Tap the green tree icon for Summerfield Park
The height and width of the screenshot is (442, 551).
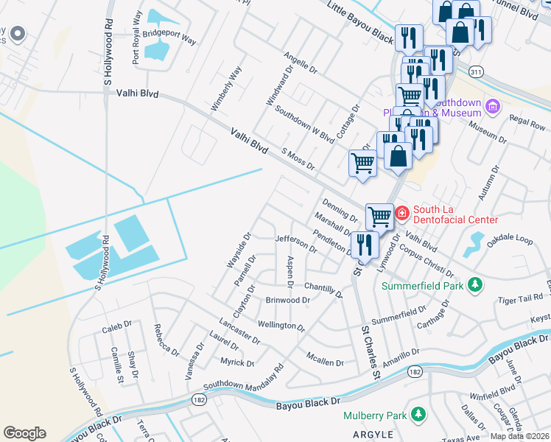tap(476, 284)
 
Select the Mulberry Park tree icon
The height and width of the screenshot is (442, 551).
tap(418, 415)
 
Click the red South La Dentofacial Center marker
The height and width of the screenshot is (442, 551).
tap(402, 214)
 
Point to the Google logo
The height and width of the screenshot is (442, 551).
tap(24, 432)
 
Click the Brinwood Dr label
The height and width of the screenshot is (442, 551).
tap(287, 301)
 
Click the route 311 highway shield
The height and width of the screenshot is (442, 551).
tap(476, 71)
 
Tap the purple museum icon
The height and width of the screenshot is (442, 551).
tap(493, 108)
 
